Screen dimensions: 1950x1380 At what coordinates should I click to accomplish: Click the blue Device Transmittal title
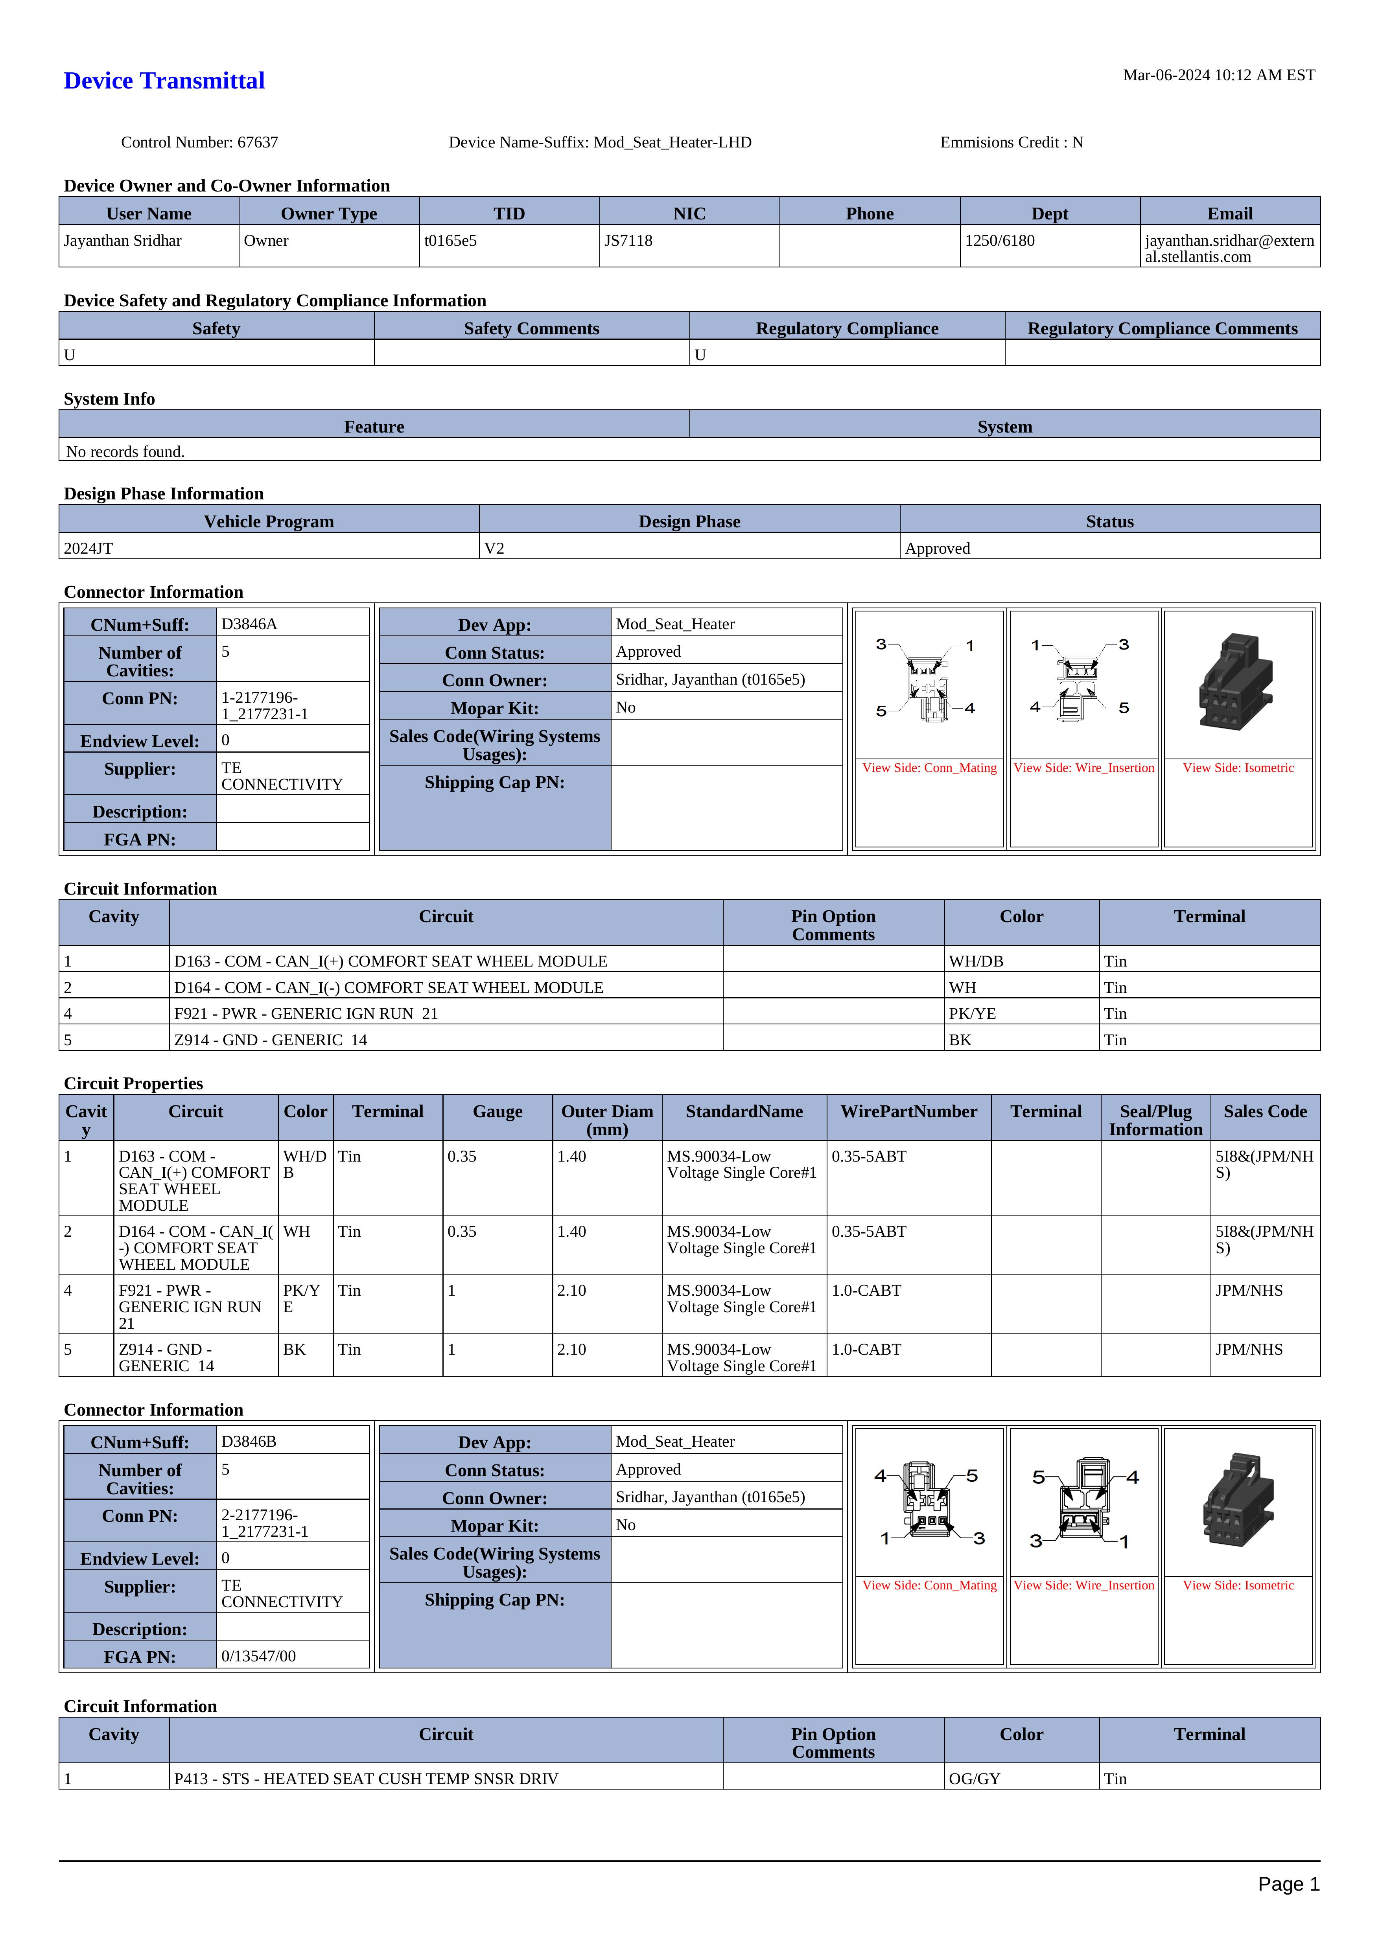(164, 81)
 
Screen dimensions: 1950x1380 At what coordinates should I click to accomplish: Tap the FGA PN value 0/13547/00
(258, 1656)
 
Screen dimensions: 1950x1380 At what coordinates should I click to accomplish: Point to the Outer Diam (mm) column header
(607, 1120)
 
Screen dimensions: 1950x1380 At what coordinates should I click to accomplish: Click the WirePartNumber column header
(908, 1111)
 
